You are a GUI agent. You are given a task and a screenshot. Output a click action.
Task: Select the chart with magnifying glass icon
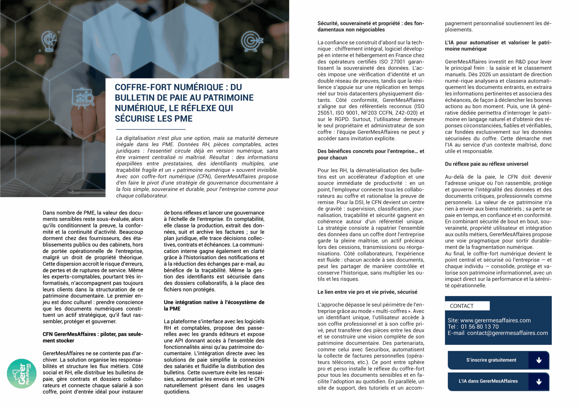point(83,98)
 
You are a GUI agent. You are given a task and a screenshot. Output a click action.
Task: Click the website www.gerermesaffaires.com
point(495,320)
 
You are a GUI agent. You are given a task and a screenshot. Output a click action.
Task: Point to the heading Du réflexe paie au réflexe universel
point(486,164)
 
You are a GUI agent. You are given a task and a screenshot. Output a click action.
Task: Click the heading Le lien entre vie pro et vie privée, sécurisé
point(367,292)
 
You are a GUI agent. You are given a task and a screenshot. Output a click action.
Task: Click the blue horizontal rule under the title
point(151,129)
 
